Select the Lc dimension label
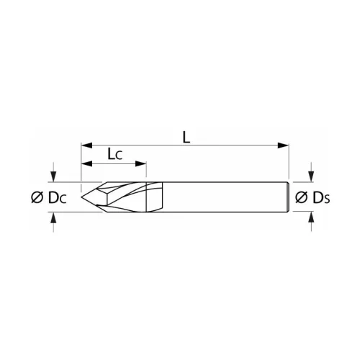pos(114,155)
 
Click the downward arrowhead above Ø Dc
pos(53,176)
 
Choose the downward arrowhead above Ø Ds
pos(310,176)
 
